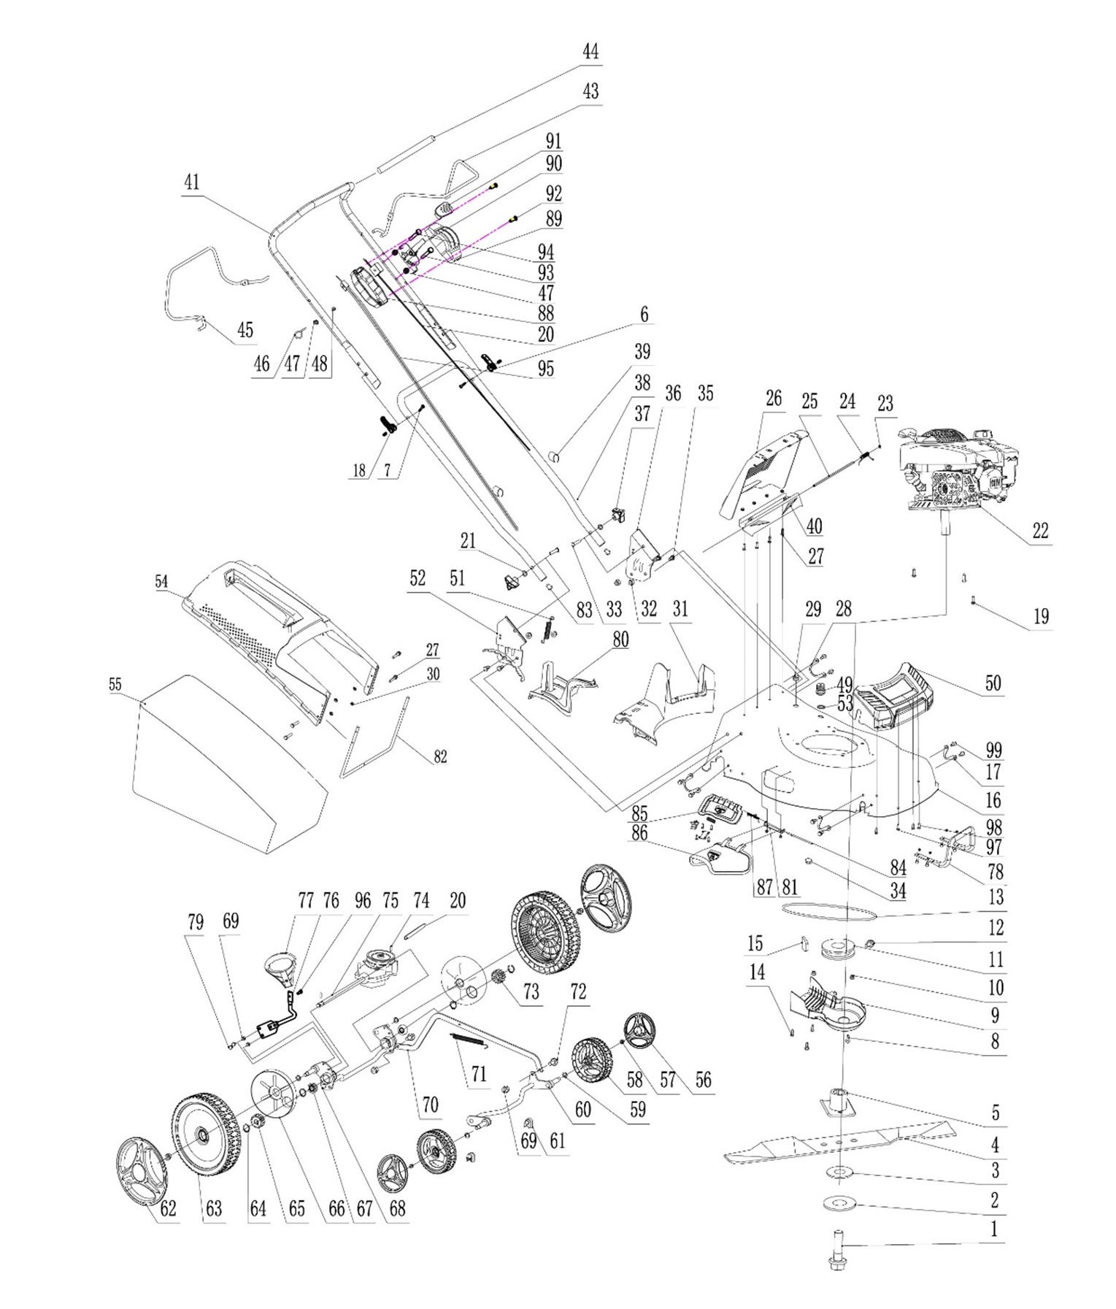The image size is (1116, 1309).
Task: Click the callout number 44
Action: coord(590,52)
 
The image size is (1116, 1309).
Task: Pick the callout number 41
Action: coord(191,182)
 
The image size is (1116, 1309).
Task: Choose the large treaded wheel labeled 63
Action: coord(205,1134)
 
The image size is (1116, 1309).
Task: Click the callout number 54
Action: coord(161,581)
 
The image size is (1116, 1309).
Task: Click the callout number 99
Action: coord(993,750)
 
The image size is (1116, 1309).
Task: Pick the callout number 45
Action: coord(245,329)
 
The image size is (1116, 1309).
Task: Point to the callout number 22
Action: coord(1039,531)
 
